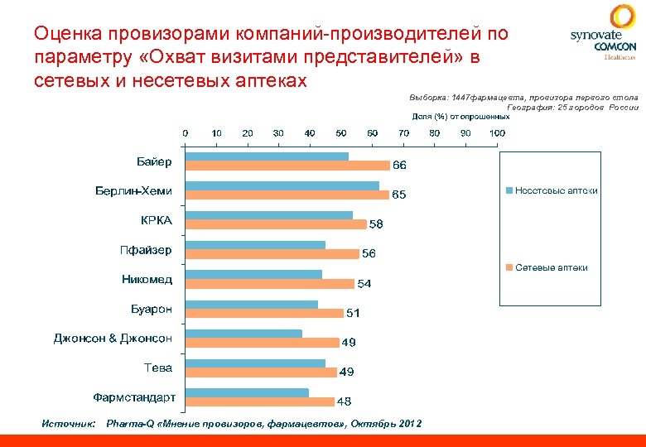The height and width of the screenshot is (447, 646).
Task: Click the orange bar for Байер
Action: [287, 166]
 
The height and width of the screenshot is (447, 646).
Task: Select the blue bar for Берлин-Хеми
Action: [282, 186]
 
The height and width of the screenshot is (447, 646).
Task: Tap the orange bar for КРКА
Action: [276, 224]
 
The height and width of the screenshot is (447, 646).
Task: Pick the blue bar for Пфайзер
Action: [255, 245]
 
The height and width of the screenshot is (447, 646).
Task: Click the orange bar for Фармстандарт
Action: [260, 401]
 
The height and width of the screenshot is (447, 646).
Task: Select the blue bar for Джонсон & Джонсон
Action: [243, 334]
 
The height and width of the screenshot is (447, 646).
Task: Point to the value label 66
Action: [399, 166]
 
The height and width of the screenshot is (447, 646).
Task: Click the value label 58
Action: [376, 224]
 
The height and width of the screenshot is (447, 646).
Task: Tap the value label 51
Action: [353, 314]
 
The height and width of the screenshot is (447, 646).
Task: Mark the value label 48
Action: [344, 401]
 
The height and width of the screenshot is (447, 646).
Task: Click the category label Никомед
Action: [147, 279]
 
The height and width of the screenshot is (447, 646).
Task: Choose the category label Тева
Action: [158, 367]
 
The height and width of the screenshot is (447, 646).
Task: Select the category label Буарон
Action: [152, 309]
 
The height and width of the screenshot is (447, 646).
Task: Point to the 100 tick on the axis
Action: [497, 133]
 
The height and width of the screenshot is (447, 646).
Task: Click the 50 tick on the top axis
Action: [340, 133]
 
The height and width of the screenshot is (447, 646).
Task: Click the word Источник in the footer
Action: [69, 424]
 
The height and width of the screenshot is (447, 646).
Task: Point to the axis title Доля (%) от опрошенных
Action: [460, 116]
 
